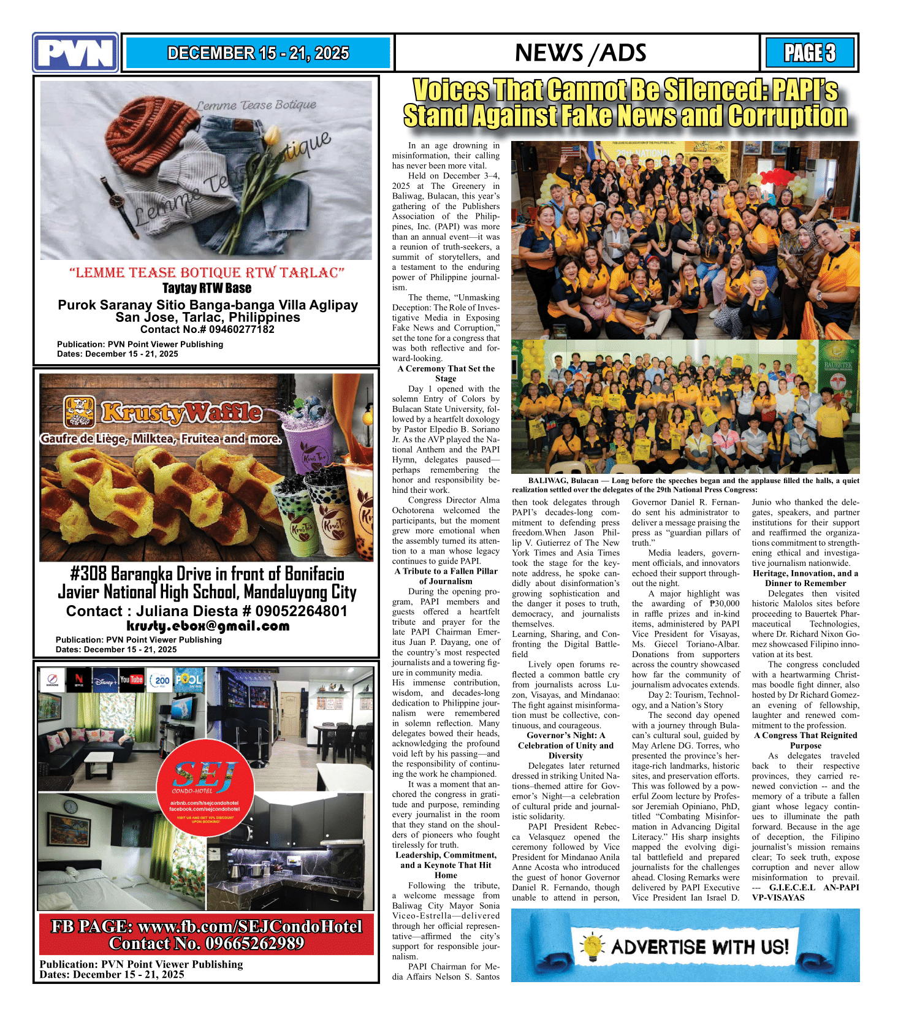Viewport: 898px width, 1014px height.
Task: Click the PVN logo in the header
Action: pyautogui.click(x=75, y=53)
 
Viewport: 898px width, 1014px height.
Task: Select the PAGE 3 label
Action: pyautogui.click(x=809, y=53)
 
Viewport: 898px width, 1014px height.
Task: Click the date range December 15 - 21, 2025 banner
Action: pyautogui.click(x=258, y=53)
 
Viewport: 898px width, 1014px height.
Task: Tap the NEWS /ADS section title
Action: pyautogui.click(x=580, y=53)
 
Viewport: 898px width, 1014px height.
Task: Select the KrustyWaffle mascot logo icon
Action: pyautogui.click(x=80, y=411)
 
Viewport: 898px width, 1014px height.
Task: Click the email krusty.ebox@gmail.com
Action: pyautogui.click(x=208, y=626)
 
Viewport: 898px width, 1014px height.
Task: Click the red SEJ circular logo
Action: pyautogui.click(x=205, y=787)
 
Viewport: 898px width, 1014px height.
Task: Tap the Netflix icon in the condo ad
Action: pyautogui.click(x=78, y=679)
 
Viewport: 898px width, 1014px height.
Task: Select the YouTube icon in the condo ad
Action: pyautogui.click(x=131, y=679)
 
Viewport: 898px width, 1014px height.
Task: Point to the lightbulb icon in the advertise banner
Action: pyautogui.click(x=592, y=947)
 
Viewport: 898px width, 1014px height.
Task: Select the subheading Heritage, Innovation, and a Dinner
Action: pyautogui.click(x=805, y=578)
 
